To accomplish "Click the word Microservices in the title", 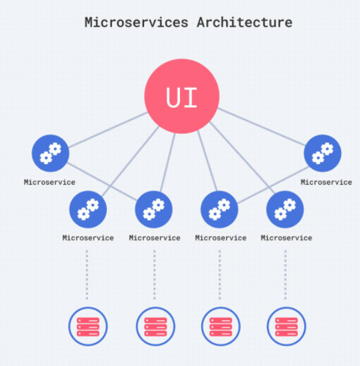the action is [x=136, y=22].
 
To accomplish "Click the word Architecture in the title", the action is [x=245, y=22].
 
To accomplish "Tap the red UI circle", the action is [x=182, y=96].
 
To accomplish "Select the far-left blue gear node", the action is [x=51, y=153].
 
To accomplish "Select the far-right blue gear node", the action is [x=322, y=153].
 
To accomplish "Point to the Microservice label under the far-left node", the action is [x=49, y=182].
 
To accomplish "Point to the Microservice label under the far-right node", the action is [x=326, y=182].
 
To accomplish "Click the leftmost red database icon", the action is [x=88, y=326].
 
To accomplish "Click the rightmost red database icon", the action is [x=286, y=326].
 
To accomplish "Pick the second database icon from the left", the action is [x=156, y=326].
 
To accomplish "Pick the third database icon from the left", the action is [x=220, y=326].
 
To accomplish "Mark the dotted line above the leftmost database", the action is [x=87, y=275].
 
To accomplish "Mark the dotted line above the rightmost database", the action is [x=285, y=275].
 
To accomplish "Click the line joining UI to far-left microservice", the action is [x=108, y=129].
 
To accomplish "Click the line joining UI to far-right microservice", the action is [x=261, y=127].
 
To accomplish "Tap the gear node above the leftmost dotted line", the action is [x=88, y=210].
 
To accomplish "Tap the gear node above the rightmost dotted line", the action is [x=285, y=210].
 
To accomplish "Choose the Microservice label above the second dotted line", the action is [x=154, y=238].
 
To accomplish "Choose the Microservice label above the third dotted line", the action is [x=221, y=238].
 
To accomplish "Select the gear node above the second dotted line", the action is [x=154, y=210].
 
